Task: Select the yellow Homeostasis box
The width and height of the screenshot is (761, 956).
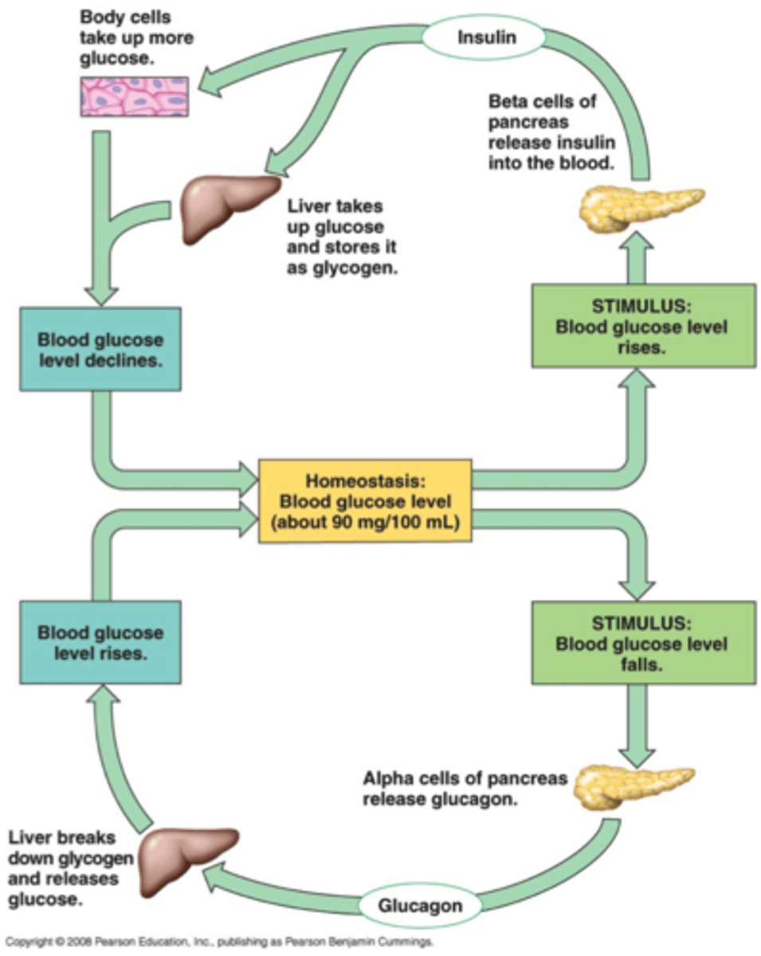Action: click(x=366, y=501)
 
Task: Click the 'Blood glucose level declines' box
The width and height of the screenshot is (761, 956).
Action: click(x=100, y=350)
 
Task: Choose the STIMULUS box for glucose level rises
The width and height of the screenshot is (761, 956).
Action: click(x=643, y=326)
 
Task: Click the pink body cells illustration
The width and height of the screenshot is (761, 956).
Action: click(x=134, y=96)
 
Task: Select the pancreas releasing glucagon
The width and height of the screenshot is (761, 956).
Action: click(x=634, y=784)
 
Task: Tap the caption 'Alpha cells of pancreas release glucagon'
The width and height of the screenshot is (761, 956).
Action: click(x=465, y=787)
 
